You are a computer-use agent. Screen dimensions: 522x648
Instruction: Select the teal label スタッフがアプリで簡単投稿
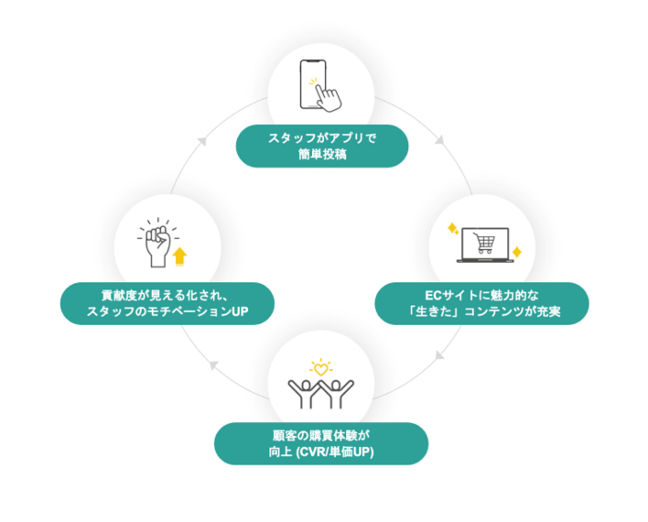click(322, 146)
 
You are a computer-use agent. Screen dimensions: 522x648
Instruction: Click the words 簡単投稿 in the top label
click(322, 154)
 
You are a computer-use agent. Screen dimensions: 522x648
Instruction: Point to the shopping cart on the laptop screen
click(485, 243)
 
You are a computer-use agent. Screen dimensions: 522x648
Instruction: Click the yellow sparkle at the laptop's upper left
click(450, 227)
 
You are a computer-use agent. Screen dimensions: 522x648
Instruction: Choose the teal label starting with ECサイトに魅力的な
click(481, 303)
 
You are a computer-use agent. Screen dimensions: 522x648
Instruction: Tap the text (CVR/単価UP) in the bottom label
click(347, 451)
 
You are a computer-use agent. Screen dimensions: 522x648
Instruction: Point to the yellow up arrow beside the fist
click(179, 256)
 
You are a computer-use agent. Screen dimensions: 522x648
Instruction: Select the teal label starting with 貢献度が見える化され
click(167, 303)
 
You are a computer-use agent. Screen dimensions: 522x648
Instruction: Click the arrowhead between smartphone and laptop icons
click(439, 141)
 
